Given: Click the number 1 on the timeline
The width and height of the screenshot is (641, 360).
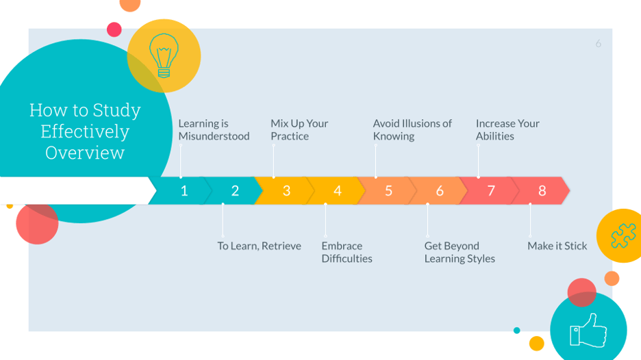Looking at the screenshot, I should (184, 191).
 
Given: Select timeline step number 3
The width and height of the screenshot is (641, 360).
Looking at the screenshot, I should (286, 191).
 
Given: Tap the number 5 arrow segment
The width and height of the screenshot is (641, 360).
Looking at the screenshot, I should (388, 191).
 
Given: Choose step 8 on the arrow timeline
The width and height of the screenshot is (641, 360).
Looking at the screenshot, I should (542, 191).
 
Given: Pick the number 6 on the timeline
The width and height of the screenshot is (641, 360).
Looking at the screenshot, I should (440, 191).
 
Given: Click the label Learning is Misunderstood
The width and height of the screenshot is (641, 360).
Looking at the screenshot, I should (214, 130).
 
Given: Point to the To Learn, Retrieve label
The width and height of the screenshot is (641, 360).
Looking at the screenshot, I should (259, 246).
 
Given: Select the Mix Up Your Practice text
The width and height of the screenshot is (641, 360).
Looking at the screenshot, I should (299, 130).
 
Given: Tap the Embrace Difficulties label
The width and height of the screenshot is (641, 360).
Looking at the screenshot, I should (347, 252).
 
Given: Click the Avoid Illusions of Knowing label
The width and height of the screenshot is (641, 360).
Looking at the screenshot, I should (412, 130).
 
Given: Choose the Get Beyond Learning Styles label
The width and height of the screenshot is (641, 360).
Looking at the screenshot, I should (459, 252).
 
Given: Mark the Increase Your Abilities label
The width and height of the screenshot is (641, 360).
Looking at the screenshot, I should (507, 130).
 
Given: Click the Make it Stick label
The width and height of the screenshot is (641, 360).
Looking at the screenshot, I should (557, 246).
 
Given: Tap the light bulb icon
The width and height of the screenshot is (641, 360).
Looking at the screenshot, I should (164, 55).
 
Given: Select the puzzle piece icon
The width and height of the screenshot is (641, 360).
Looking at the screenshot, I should (622, 235).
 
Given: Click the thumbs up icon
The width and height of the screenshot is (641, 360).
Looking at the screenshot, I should (588, 329).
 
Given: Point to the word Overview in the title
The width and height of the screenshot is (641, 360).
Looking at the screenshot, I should (85, 153).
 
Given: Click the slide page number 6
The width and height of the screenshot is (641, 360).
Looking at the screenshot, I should (598, 44).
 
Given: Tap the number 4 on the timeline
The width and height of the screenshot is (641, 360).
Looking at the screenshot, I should (337, 191).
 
